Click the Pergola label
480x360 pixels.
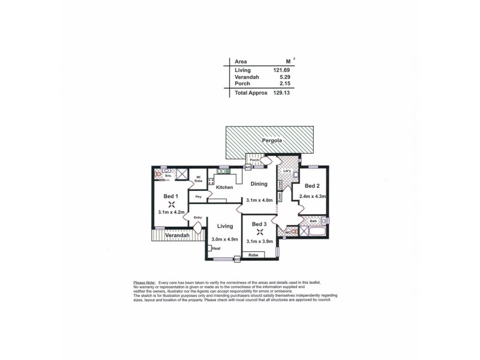[x=271, y=142]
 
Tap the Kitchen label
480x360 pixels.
[x=224, y=188]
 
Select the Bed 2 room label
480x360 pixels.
[x=312, y=185]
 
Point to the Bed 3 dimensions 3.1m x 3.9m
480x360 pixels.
[x=259, y=241]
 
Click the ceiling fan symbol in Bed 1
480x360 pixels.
[x=170, y=203]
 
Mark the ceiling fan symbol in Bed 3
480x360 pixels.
[x=259, y=232]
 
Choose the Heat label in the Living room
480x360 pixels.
[x=217, y=248]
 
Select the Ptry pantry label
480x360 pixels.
[x=197, y=197]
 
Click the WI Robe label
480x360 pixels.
[x=198, y=178]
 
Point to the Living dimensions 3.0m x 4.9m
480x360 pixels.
[x=224, y=239]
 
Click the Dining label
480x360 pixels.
[x=259, y=184]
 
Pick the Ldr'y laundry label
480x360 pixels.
[x=287, y=172]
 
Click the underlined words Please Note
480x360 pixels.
[x=144, y=282]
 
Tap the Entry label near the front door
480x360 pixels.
[x=198, y=218]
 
